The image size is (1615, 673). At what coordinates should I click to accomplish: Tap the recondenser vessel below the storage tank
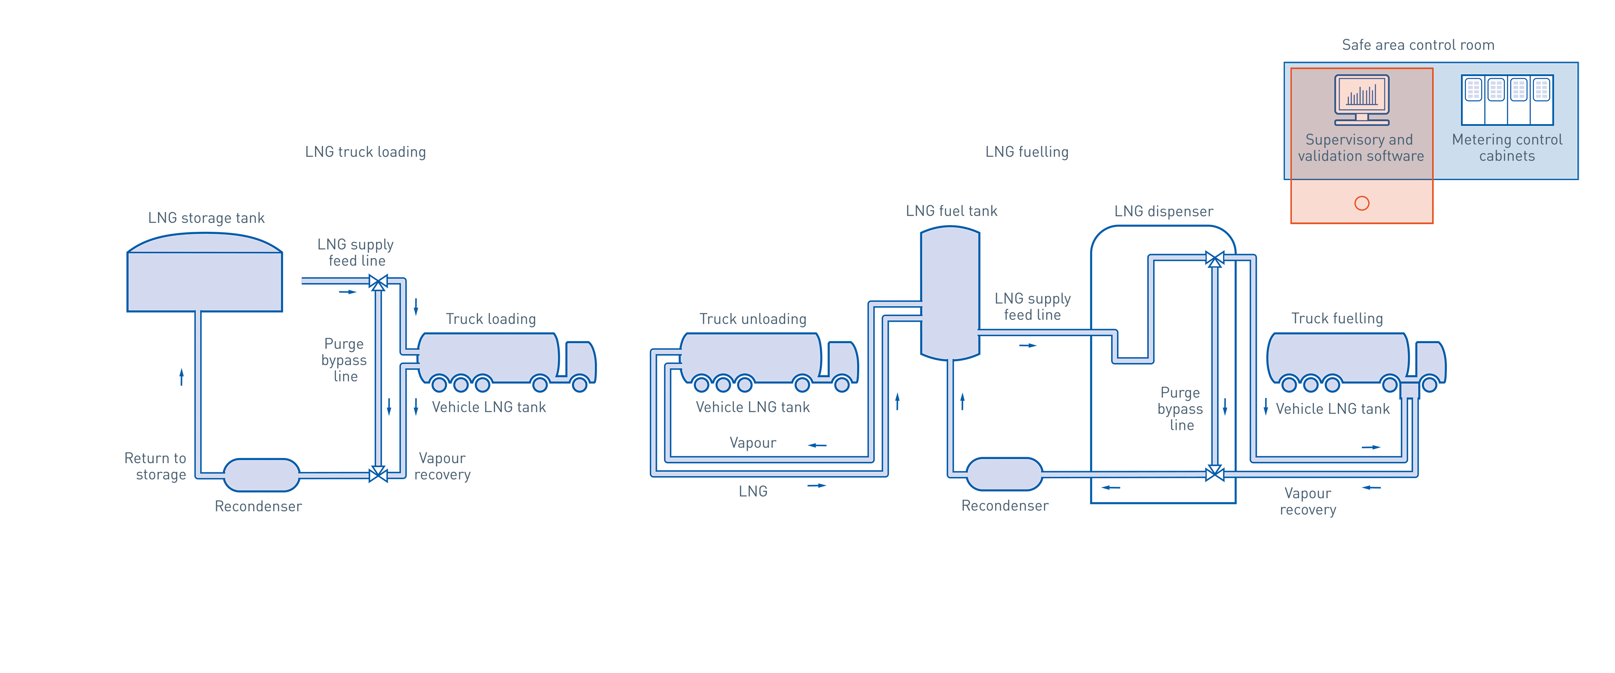262,475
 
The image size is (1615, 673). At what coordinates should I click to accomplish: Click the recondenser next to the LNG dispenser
1004,474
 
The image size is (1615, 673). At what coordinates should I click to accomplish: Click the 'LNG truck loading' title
365,152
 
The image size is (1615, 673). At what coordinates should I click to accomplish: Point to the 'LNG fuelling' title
1026,152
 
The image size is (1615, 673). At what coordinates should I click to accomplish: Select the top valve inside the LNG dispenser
1214,258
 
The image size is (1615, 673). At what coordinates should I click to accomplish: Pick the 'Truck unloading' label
752,319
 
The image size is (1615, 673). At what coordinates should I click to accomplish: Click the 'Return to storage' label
156,466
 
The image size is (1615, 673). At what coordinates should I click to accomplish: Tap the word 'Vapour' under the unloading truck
752,443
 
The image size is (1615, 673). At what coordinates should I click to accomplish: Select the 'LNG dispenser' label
1163,212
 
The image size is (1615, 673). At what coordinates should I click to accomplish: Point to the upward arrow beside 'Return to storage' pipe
182,376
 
